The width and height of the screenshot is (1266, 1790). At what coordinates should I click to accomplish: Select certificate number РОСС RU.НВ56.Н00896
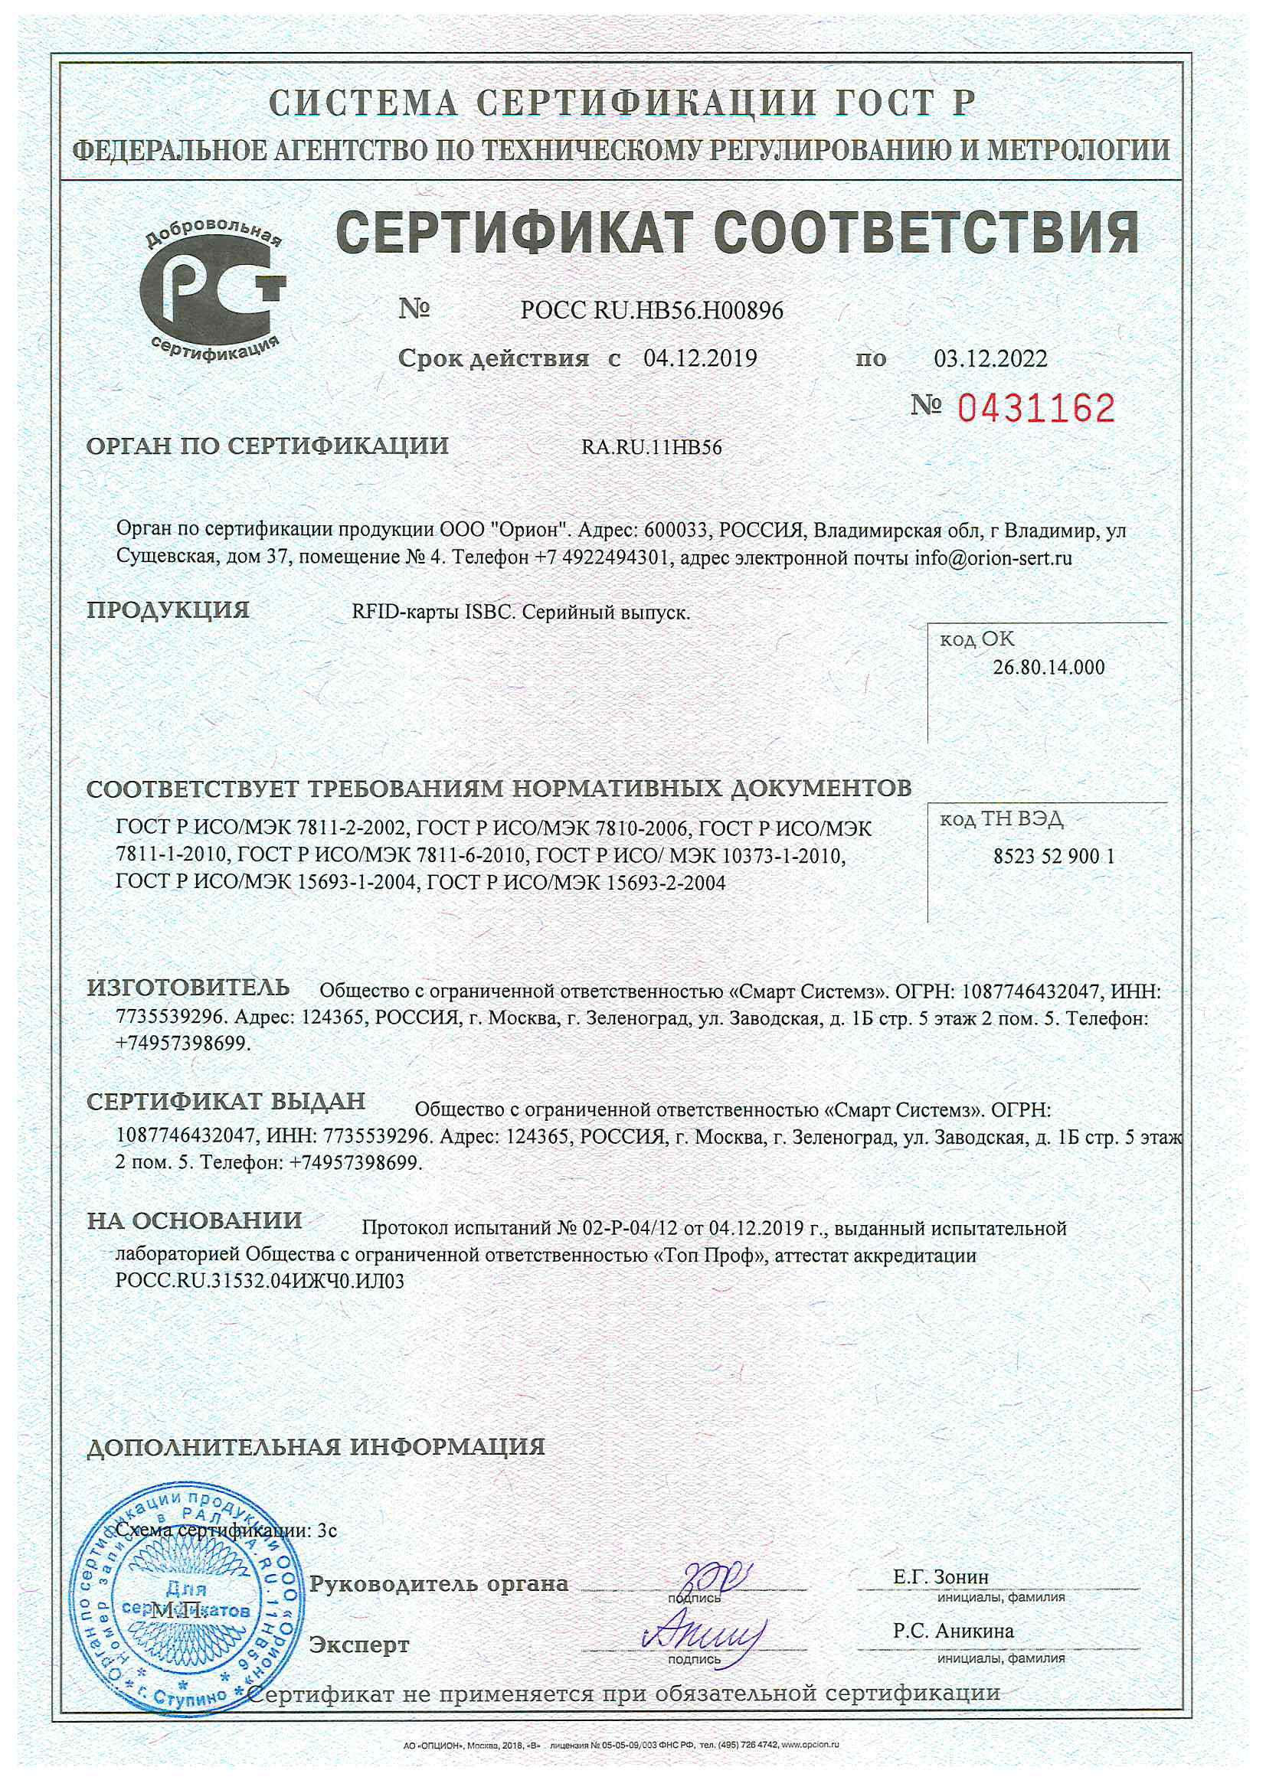[651, 311]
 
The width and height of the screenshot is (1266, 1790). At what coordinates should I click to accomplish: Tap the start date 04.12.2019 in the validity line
[700, 358]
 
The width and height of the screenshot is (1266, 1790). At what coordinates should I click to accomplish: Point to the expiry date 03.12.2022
[990, 358]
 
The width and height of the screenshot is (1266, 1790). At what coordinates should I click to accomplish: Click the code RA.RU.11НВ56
[651, 447]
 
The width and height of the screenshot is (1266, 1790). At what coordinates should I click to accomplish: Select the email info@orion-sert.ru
[993, 558]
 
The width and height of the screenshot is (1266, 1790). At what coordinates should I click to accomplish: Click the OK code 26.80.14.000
[1048, 668]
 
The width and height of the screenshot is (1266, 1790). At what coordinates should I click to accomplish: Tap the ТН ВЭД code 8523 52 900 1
[1054, 857]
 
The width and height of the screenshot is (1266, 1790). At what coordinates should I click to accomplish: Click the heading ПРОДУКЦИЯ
[168, 609]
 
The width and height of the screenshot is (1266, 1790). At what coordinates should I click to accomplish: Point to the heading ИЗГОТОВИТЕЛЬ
[188, 988]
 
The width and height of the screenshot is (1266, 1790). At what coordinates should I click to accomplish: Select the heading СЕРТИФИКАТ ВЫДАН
[225, 1101]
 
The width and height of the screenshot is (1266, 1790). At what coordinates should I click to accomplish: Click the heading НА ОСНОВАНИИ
[195, 1220]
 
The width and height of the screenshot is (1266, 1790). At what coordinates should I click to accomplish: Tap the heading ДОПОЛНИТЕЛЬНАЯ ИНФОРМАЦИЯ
[315, 1447]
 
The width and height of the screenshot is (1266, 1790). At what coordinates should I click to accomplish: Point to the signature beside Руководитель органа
[714, 1577]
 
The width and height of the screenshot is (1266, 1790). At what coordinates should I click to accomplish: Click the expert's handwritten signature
[702, 1634]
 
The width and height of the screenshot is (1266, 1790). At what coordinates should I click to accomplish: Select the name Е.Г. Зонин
[941, 1576]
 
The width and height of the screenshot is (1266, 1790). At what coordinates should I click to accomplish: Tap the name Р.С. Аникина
[954, 1631]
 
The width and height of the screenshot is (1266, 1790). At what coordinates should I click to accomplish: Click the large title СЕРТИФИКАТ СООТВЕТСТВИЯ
[736, 232]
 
